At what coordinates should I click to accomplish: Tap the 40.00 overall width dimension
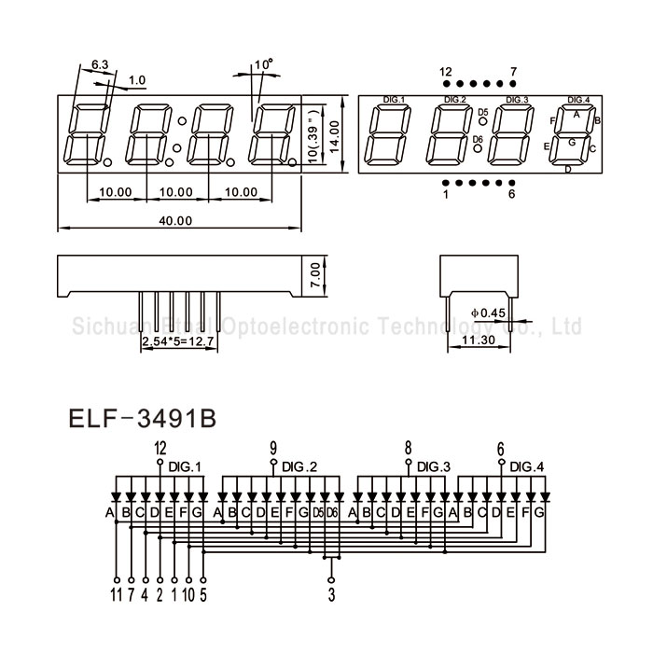tap(174, 221)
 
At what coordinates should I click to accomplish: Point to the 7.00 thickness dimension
tap(315, 273)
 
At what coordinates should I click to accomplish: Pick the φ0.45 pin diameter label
tap(488, 312)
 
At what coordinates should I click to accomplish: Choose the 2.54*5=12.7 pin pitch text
tap(177, 342)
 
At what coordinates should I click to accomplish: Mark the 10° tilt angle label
tap(263, 66)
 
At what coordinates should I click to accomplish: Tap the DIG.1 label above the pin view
tap(395, 99)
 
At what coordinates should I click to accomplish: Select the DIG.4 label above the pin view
tap(578, 99)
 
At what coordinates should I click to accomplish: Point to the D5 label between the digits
tap(481, 113)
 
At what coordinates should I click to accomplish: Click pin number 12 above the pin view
tap(445, 71)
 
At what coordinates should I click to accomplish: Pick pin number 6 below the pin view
tap(511, 194)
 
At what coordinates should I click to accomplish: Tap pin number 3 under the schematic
tap(331, 590)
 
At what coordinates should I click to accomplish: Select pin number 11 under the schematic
tap(116, 590)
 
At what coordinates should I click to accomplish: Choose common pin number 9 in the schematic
tap(273, 446)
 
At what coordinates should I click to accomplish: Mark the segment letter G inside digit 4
tap(572, 142)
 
